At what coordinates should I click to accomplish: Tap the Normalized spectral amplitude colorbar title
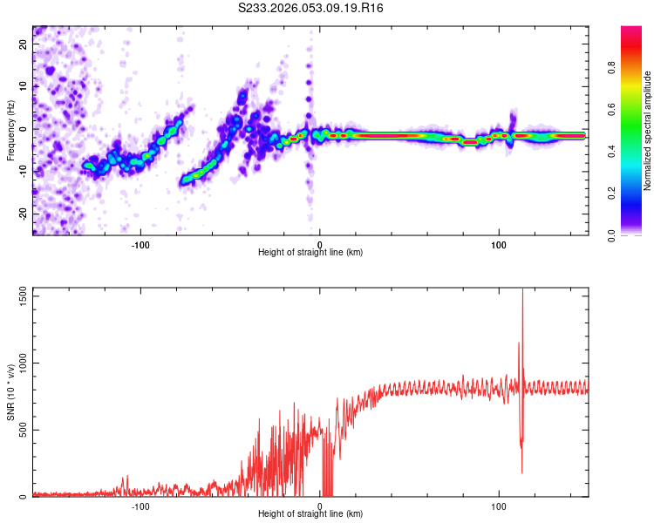coord(648,131)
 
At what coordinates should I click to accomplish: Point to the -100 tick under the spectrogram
coord(141,243)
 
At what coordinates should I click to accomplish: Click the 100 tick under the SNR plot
coord(499,506)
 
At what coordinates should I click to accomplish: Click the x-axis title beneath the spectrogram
coord(311,253)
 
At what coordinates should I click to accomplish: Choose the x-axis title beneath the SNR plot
coord(311,514)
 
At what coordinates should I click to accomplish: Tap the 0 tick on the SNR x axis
coord(320,506)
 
